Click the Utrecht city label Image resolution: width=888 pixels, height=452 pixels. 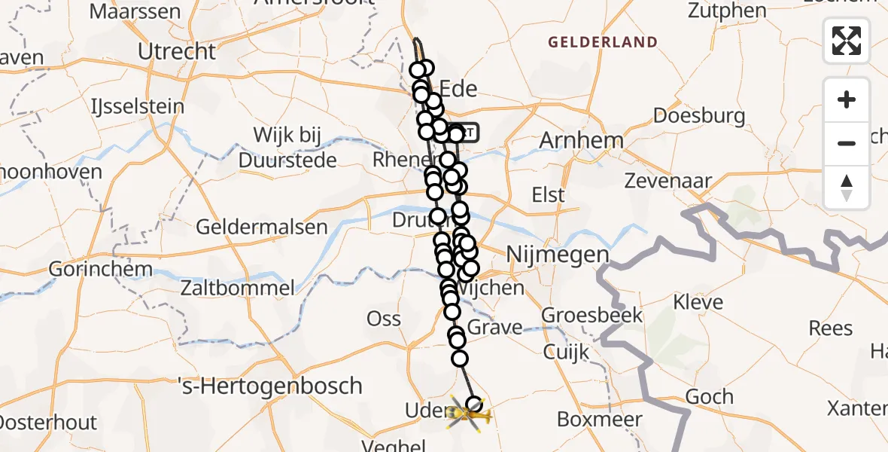point(178,52)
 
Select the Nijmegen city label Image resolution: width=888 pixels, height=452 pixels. point(558,255)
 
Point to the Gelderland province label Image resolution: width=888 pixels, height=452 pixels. point(603,43)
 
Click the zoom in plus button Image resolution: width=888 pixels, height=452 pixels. point(847,99)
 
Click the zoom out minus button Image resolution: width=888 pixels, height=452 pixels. point(847,143)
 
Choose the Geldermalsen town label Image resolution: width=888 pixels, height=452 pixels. point(262,227)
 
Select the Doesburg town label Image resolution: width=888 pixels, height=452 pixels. point(699,116)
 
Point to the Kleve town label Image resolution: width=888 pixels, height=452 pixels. point(698,302)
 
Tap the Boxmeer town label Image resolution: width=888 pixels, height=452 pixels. point(599,420)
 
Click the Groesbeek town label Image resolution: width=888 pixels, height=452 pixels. point(592,315)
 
